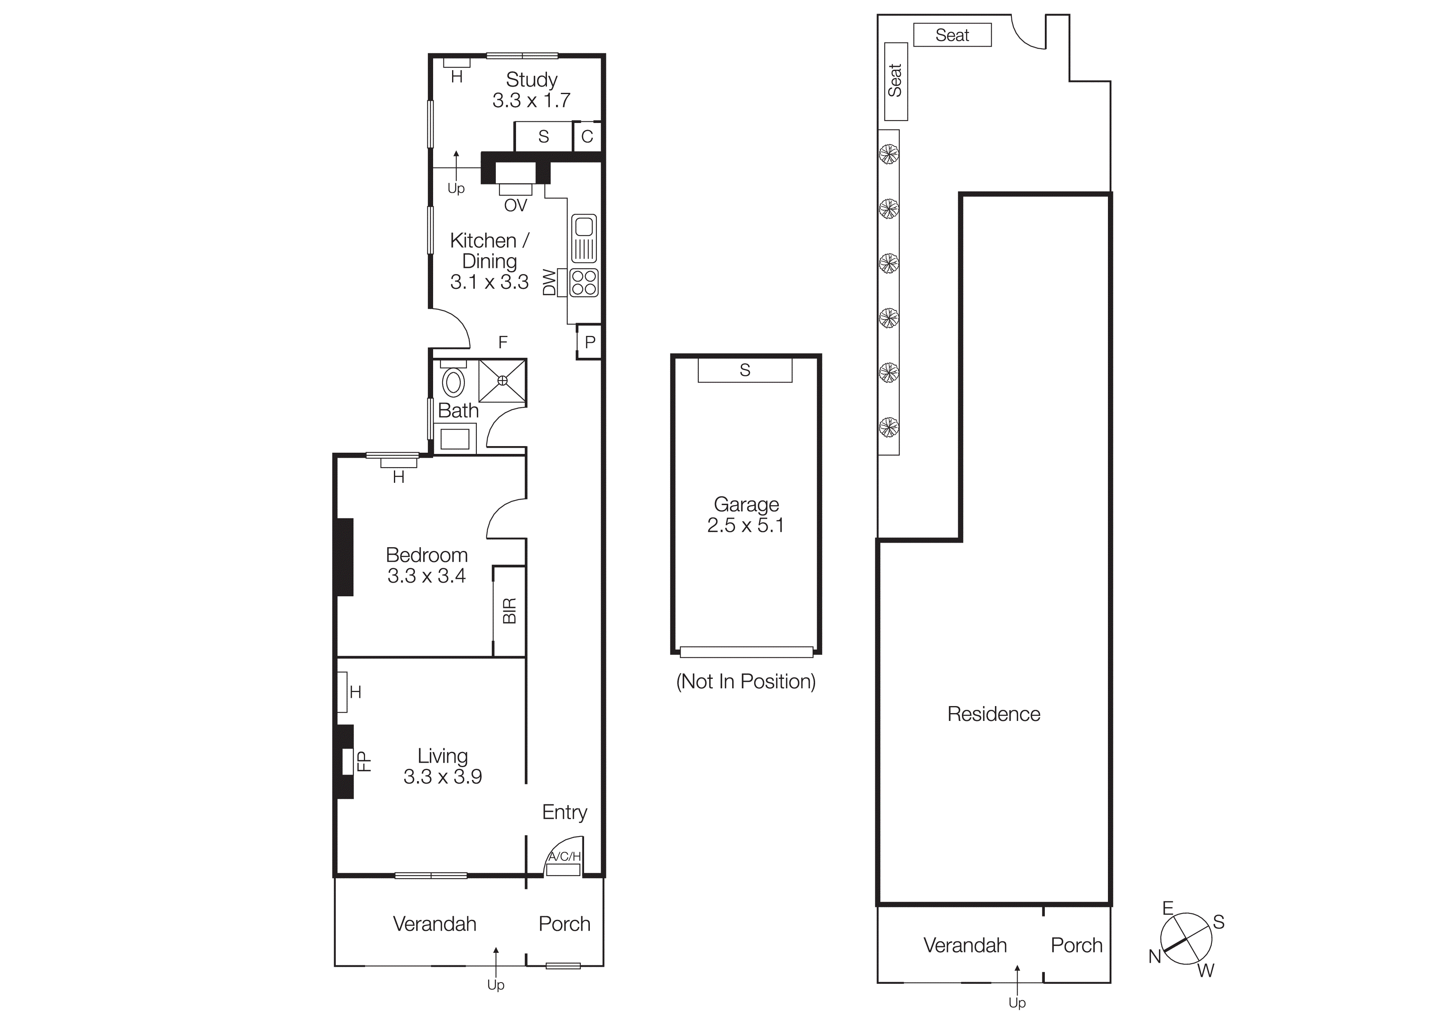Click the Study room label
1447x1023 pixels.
[x=531, y=80]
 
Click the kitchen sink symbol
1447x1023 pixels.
[x=584, y=239]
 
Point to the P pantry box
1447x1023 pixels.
[x=590, y=342]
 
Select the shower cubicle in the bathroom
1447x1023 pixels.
[x=502, y=381]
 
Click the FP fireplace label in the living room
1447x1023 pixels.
[x=364, y=761]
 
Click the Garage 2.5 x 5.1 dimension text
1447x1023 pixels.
[x=745, y=525]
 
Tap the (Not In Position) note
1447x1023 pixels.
[x=745, y=681]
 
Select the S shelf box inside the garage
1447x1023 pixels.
[x=745, y=370]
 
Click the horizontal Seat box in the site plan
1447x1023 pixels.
[x=952, y=35]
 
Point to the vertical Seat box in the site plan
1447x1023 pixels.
[x=896, y=81]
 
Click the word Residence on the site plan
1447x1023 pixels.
[x=994, y=714]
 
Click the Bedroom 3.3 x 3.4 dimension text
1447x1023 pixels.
[x=427, y=576]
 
